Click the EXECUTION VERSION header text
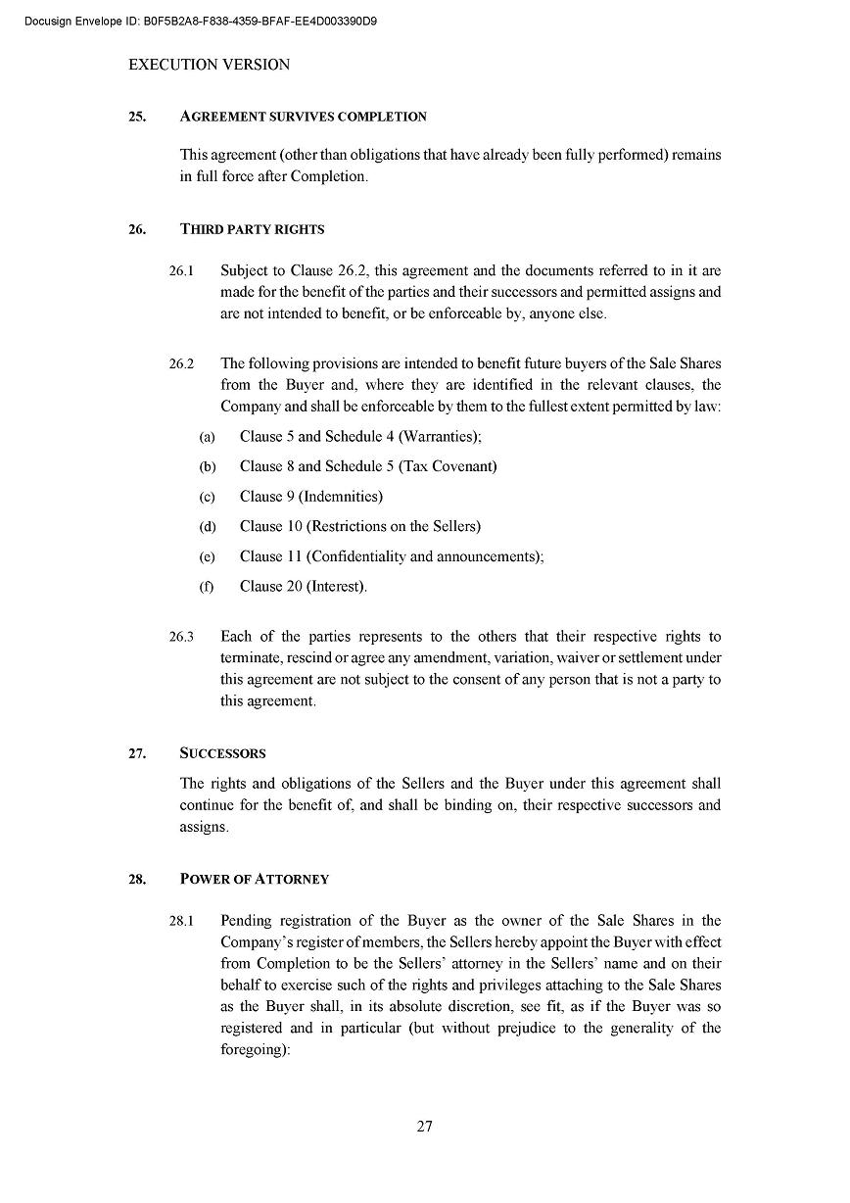pyautogui.click(x=210, y=65)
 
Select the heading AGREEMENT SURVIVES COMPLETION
pyautogui.click(x=304, y=117)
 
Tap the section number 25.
pyautogui.click(x=137, y=117)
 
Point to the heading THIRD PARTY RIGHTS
pyautogui.click(x=252, y=229)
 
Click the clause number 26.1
pyautogui.click(x=181, y=270)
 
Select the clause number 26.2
pyautogui.click(x=181, y=363)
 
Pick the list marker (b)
pyautogui.click(x=208, y=467)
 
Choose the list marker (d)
pyautogui.click(x=208, y=527)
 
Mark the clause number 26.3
pyautogui.click(x=181, y=637)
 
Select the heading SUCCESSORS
pyautogui.click(x=222, y=753)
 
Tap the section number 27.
pyautogui.click(x=137, y=753)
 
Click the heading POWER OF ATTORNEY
pyautogui.click(x=255, y=879)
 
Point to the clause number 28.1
pyautogui.click(x=181, y=921)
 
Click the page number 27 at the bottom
pyautogui.click(x=424, y=1126)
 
